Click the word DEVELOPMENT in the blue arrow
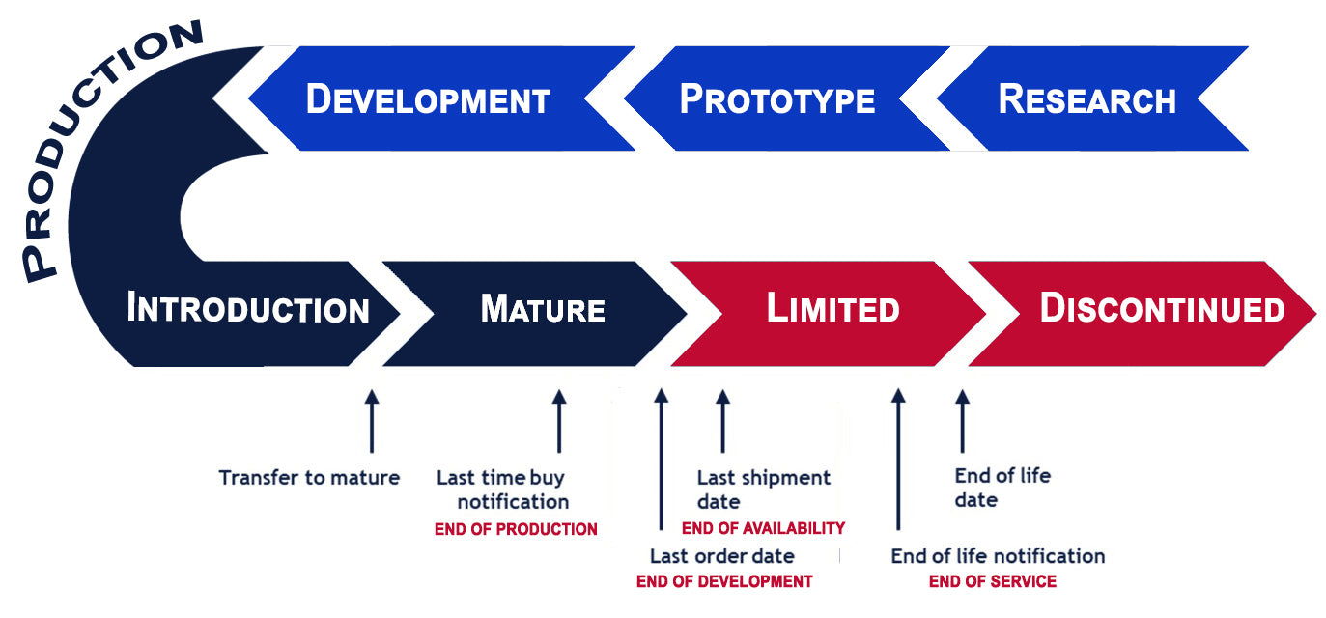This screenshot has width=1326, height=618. (x=428, y=99)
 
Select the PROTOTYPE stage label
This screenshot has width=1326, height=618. (x=777, y=99)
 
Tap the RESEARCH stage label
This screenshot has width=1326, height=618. (x=1086, y=99)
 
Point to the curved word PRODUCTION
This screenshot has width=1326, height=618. (x=97, y=145)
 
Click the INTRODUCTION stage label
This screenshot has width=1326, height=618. (x=248, y=310)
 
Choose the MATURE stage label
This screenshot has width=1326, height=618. (x=543, y=310)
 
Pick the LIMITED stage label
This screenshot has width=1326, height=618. (x=832, y=309)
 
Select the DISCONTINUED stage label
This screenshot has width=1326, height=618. (x=1162, y=309)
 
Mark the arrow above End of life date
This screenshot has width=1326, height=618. (x=962, y=421)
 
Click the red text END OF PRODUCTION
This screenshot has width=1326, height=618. (x=516, y=529)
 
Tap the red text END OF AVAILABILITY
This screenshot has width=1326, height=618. (x=763, y=528)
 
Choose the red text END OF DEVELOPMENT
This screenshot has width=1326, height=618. (x=724, y=581)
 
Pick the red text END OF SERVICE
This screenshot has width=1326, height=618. (x=993, y=581)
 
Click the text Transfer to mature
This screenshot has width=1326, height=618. (x=309, y=477)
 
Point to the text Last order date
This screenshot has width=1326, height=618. (x=722, y=556)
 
